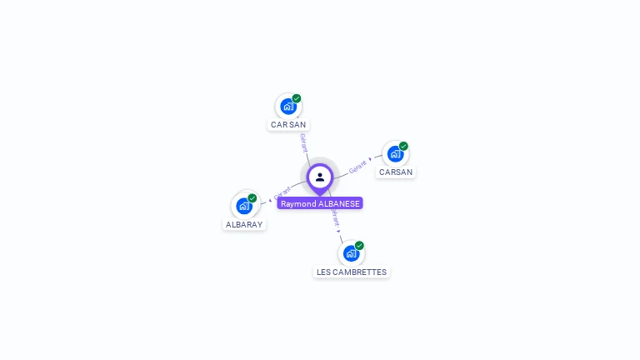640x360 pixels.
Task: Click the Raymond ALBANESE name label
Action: (320, 203)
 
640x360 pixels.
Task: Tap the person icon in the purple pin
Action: (320, 177)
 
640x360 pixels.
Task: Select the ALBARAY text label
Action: (244, 224)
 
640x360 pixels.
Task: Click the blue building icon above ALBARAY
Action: (243, 205)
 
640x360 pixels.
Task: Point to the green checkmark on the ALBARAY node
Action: (252, 198)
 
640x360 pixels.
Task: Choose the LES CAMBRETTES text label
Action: (352, 272)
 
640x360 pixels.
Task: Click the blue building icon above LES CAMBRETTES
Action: (351, 252)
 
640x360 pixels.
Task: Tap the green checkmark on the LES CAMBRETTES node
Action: (359, 246)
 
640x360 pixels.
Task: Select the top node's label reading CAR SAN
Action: (288, 124)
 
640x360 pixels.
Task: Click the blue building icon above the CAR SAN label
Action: (287, 106)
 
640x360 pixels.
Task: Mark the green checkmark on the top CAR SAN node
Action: (297, 98)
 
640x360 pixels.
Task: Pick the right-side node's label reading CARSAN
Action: (396, 172)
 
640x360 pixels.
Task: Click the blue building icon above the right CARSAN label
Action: (395, 153)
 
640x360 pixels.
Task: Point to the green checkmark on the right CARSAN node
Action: (403, 146)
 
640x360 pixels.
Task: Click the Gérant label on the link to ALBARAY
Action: (282, 194)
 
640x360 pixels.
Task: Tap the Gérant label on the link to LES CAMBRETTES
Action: (334, 218)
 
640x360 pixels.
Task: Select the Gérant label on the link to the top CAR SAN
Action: (303, 142)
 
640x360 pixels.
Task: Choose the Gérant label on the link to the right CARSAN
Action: (357, 166)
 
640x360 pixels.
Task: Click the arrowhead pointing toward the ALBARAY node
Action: (270, 200)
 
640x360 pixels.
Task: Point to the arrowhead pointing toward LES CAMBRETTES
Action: (339, 230)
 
